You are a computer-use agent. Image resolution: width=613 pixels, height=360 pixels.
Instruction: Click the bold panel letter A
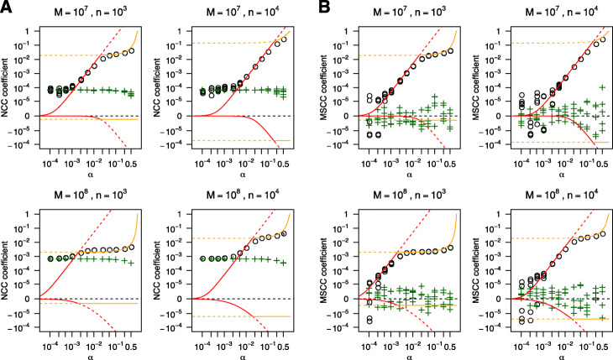pos(7,8)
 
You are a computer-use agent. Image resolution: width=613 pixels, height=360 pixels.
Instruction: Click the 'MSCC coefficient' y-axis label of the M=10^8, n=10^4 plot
pos(464,272)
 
